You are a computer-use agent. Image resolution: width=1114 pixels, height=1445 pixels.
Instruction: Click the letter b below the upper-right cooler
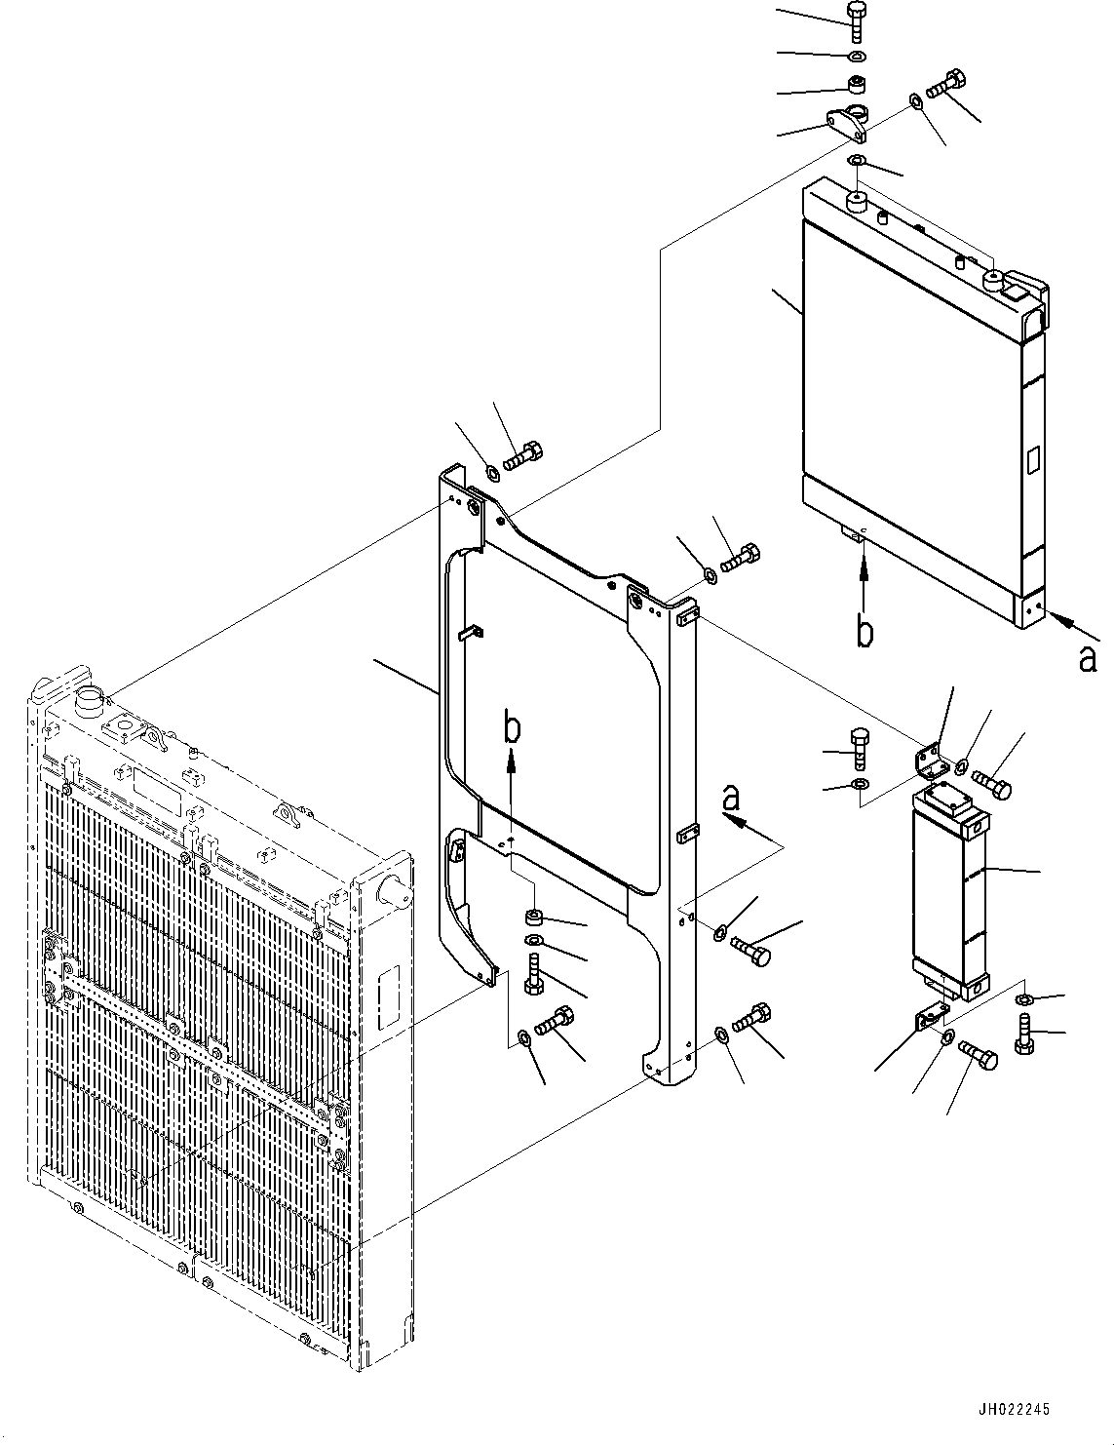point(864,632)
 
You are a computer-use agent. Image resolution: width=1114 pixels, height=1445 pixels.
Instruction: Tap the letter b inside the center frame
point(513,727)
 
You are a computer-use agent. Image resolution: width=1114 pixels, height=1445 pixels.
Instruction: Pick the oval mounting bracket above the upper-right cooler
point(849,122)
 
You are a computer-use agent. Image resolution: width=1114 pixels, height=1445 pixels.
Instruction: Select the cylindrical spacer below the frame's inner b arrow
point(533,917)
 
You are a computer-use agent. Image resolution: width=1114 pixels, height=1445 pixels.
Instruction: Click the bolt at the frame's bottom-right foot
point(750,1018)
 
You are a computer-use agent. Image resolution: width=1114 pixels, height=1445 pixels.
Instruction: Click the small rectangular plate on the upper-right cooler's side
point(1033,459)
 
